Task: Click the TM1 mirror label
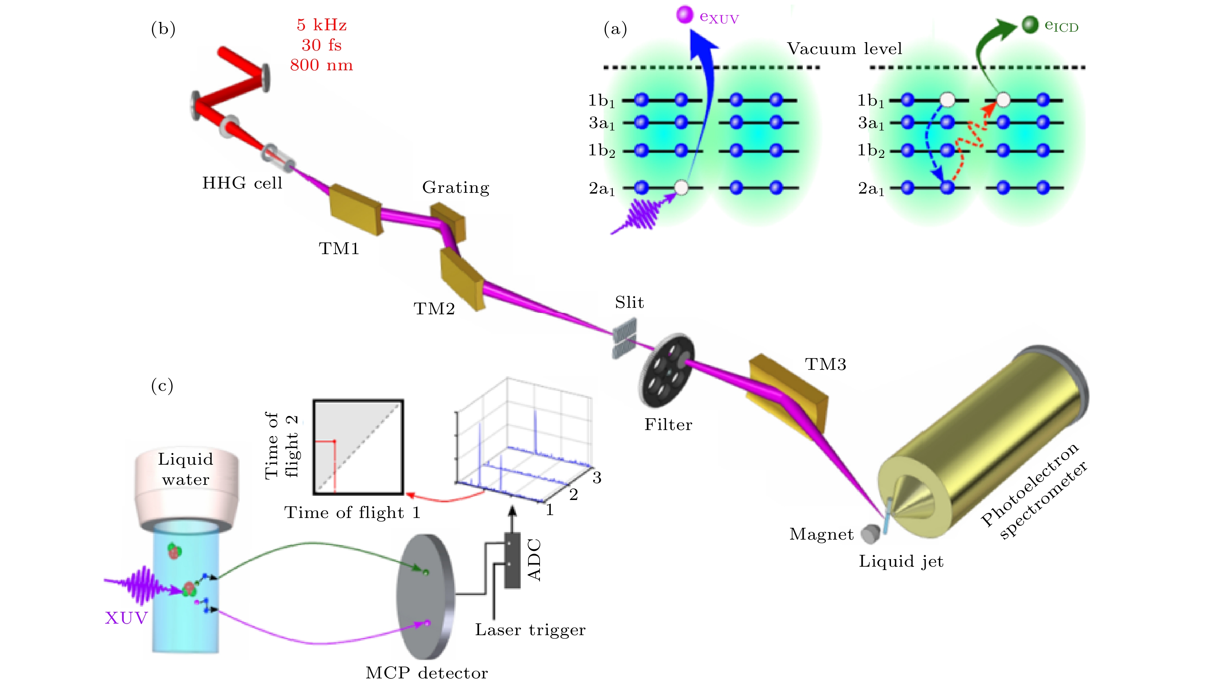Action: point(339,248)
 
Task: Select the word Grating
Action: point(456,187)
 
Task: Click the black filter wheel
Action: point(666,370)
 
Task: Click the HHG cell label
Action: point(242,183)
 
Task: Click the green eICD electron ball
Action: point(1030,25)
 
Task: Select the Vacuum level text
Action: point(844,49)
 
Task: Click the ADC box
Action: point(512,560)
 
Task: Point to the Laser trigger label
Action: point(530,630)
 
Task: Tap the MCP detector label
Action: point(426,673)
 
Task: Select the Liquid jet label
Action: point(901,562)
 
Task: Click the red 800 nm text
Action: point(321,65)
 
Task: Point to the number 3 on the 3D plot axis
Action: point(597,478)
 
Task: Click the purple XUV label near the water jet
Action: point(126,618)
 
